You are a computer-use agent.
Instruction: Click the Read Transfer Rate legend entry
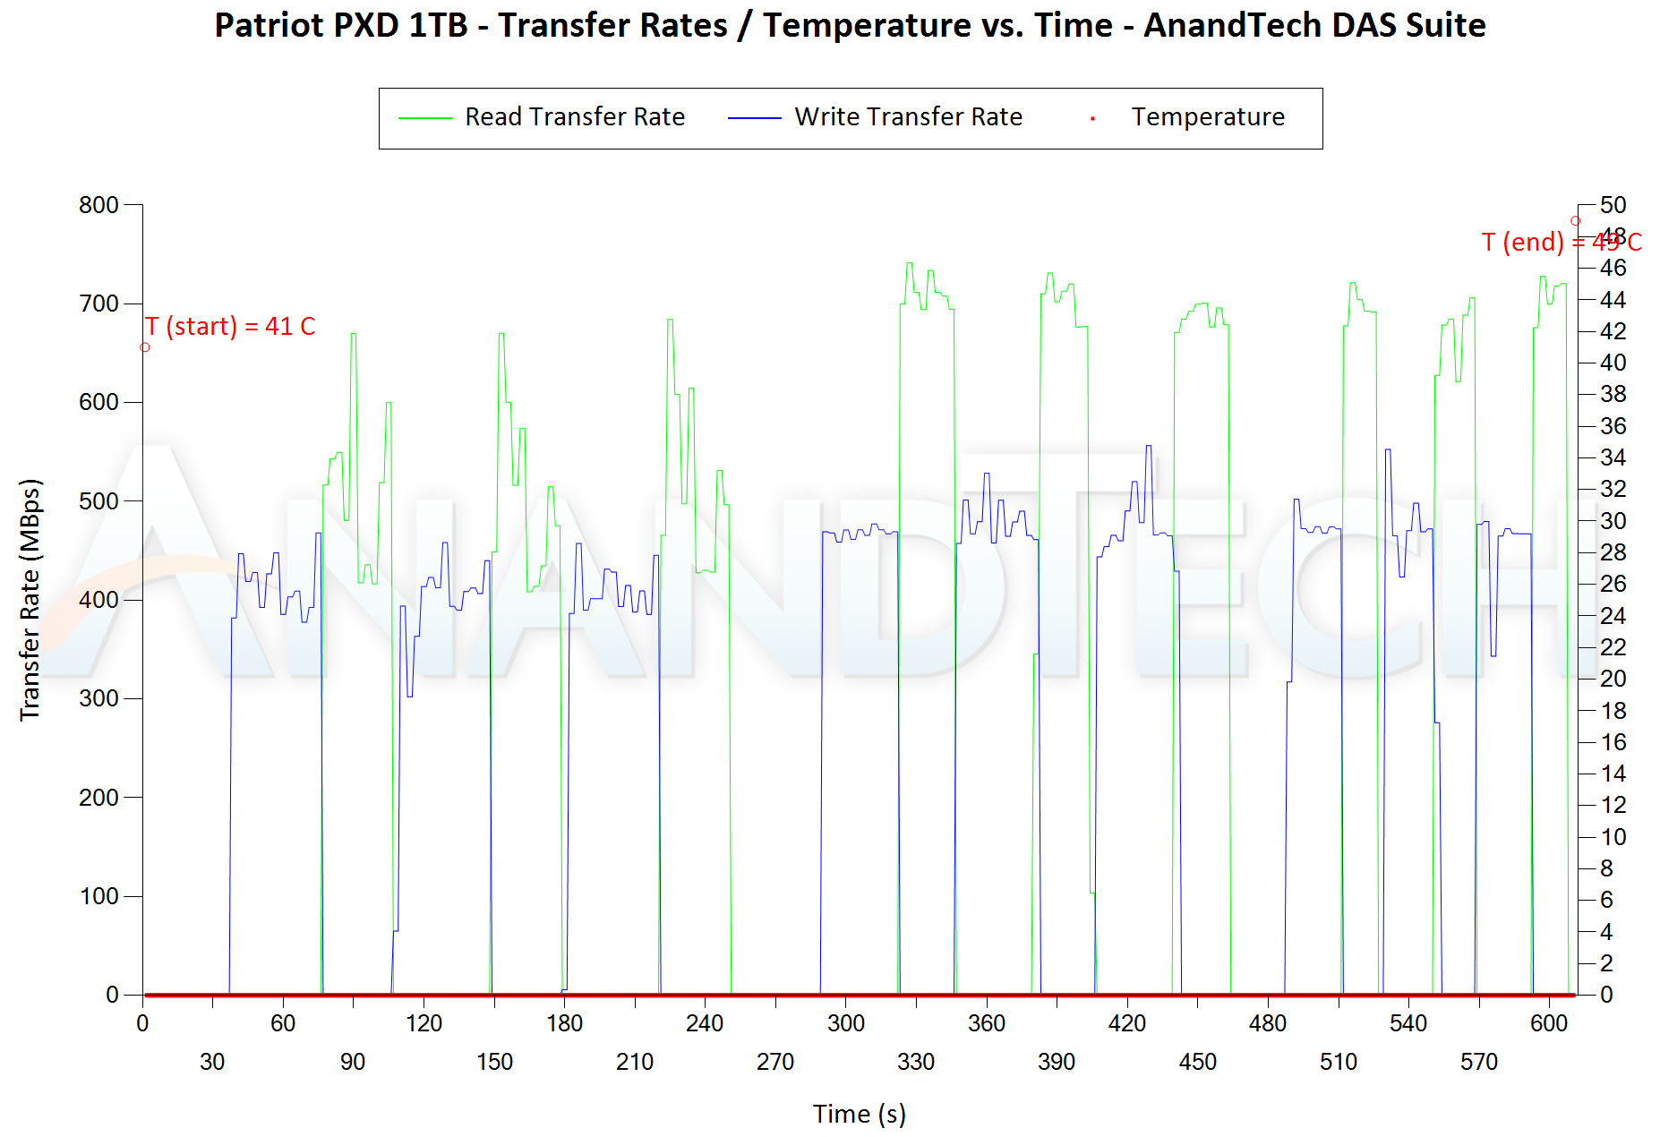(x=574, y=117)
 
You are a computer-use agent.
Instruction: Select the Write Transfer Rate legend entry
(x=908, y=117)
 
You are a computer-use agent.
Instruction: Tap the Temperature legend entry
(x=1207, y=117)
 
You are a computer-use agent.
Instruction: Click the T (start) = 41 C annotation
(x=231, y=326)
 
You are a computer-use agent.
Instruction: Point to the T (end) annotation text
(x=1561, y=242)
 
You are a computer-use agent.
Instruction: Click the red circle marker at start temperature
(x=145, y=347)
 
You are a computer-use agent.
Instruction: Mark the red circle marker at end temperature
(x=1575, y=221)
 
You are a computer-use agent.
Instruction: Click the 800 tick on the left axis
(x=98, y=205)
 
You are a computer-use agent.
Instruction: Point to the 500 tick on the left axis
(x=98, y=501)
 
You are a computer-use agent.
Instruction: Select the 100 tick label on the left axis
(x=98, y=896)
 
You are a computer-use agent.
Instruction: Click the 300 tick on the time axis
(x=845, y=1023)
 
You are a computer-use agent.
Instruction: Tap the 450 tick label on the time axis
(x=1197, y=1062)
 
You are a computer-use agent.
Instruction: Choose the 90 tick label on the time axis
(x=353, y=1062)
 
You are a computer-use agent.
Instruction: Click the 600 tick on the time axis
(x=1549, y=1023)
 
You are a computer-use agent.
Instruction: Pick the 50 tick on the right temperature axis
(x=1613, y=205)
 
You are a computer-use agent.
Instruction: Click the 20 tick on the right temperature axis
(x=1613, y=679)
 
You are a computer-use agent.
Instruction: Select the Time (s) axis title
(x=859, y=1114)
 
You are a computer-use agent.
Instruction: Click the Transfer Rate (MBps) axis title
(x=30, y=599)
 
